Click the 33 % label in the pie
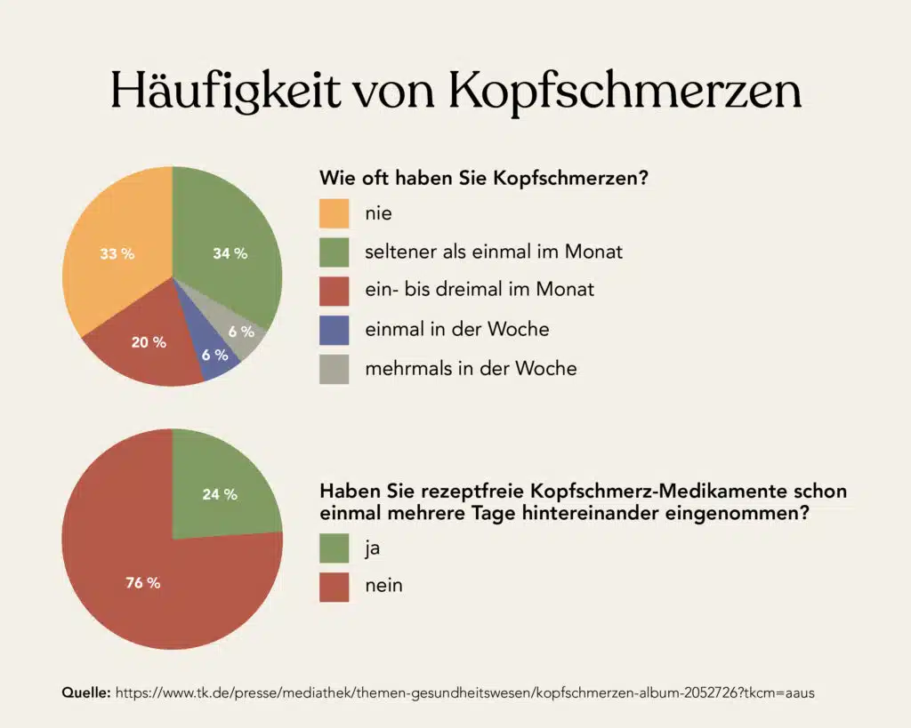[117, 254]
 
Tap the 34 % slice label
[230, 254]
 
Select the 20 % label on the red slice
[149, 342]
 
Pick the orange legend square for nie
[335, 213]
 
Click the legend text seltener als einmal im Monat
[494, 252]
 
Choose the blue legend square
[335, 330]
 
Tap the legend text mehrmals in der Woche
[471, 368]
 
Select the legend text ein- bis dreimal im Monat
[480, 290]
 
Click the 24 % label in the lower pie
[220, 494]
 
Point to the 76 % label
[142, 583]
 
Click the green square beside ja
[335, 548]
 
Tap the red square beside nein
[335, 587]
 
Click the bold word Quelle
[85, 692]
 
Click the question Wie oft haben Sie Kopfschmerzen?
[483, 178]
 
